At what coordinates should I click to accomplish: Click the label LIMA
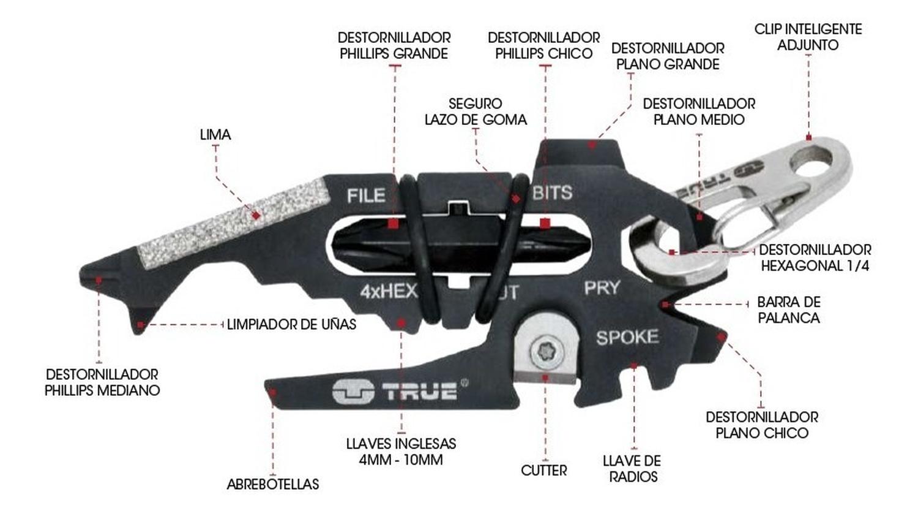215,135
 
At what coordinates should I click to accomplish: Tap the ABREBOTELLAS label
273,484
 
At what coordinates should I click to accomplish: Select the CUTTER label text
543,471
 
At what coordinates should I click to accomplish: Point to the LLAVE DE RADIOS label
632,469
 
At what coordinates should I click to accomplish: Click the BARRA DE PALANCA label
788,310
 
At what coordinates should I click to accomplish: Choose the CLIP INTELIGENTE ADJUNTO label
808,37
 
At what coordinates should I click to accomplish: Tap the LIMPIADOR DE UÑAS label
291,324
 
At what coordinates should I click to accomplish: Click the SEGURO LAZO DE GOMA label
476,112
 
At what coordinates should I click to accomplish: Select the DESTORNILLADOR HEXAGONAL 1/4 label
815,258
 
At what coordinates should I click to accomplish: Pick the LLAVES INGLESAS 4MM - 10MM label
401,452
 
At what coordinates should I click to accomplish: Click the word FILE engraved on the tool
366,195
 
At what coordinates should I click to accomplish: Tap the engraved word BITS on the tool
552,192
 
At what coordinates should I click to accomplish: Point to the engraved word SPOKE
627,337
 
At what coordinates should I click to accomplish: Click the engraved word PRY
602,287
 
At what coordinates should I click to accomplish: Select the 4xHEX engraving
388,291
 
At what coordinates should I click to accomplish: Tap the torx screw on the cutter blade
543,352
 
